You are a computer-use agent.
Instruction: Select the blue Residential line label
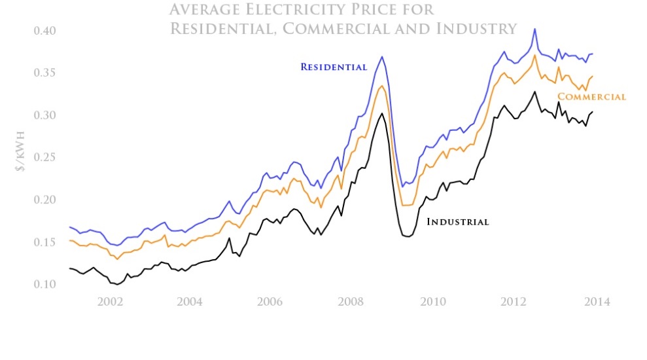point(334,67)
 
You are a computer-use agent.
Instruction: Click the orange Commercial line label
point(591,97)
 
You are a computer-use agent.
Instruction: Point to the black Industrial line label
point(457,222)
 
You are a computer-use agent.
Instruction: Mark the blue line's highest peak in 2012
point(534,29)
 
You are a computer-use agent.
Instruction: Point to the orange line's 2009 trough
point(406,205)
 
